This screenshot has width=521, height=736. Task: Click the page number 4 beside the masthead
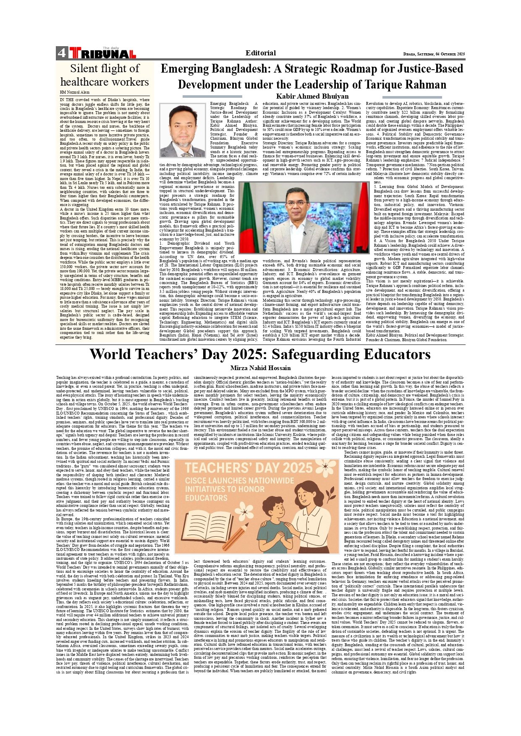coord(62,53)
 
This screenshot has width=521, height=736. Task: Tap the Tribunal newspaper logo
coord(102,53)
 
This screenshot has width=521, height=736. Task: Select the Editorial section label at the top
coord(261,53)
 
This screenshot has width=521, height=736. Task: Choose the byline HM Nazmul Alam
coord(74,92)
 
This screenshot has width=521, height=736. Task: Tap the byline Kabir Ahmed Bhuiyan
coord(312,96)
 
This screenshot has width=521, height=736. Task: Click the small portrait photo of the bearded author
coord(182,130)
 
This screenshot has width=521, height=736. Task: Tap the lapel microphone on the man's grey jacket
coord(304,233)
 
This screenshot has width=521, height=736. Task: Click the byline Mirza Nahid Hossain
coord(260,368)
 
